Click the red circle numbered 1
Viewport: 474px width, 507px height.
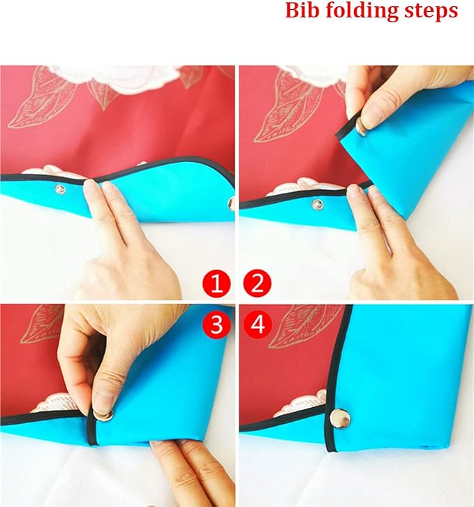tap(216, 284)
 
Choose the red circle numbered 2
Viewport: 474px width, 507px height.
tap(258, 284)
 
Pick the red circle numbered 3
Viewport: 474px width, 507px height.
tap(216, 324)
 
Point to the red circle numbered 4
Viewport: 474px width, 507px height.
tap(258, 324)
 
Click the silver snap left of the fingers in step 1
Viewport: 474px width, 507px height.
tap(60, 189)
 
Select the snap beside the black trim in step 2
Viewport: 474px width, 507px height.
tap(317, 204)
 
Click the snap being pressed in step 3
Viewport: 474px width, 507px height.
tap(103, 415)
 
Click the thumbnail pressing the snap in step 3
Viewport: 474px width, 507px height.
tap(105, 402)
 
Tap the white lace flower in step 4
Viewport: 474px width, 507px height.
tap(301, 404)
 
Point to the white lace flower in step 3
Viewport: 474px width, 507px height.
tap(57, 402)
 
